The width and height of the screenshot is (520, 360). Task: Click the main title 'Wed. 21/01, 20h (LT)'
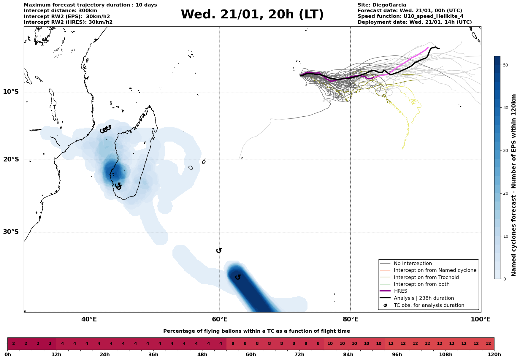tap(252, 15)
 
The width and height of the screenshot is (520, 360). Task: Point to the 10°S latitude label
tap(11, 92)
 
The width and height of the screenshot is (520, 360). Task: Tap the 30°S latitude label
tap(11, 232)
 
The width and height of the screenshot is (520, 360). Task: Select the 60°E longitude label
tap(220, 320)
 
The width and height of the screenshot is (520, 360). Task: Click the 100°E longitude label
tap(481, 320)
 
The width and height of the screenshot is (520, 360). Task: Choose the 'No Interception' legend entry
tap(413, 264)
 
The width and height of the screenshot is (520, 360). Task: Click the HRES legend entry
tap(400, 291)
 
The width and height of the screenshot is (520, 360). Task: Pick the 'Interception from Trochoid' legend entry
tap(426, 277)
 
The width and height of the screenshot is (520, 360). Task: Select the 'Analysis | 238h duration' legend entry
tap(424, 298)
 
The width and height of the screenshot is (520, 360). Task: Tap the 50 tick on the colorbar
tap(505, 65)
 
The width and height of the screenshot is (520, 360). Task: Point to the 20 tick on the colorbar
tap(505, 194)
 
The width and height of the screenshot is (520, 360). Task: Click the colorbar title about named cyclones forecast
tap(514, 185)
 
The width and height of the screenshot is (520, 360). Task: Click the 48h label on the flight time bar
tap(202, 355)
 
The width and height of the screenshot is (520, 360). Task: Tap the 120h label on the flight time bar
tap(494, 355)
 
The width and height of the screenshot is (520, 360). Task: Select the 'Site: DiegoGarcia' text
tap(382, 5)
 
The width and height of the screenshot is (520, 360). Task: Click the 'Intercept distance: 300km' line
tap(60, 11)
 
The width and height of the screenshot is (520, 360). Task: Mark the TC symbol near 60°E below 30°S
tap(219, 250)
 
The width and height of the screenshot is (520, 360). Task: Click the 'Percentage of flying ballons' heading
tap(256, 331)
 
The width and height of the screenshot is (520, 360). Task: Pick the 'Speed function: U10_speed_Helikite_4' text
tap(410, 16)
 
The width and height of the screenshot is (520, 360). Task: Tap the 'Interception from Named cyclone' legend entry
tap(435, 270)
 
